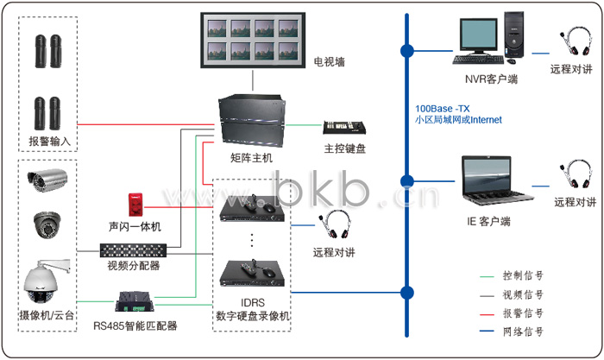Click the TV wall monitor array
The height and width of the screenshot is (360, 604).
(251, 40)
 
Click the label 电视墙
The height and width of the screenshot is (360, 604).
(329, 62)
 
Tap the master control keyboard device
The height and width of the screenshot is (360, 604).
(344, 128)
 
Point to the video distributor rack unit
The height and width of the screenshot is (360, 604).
(134, 251)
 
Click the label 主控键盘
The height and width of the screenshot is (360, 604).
(345, 148)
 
